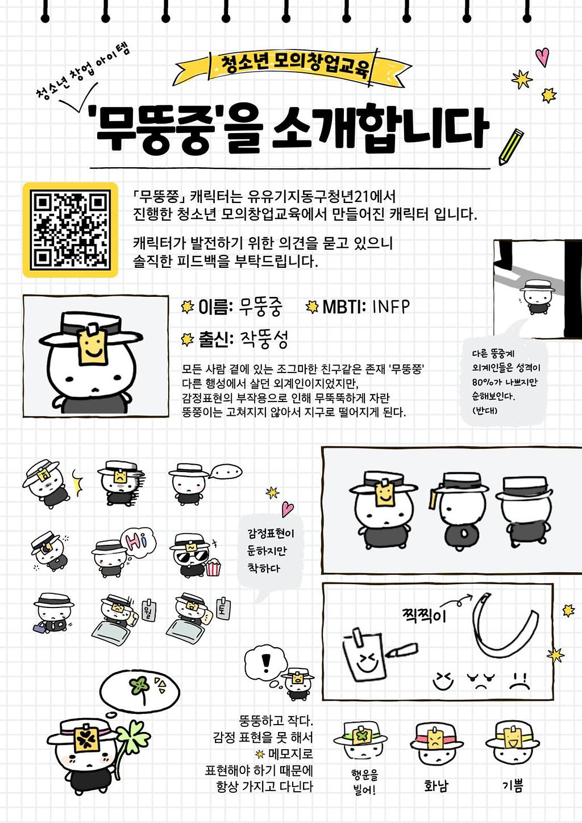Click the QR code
[x=70, y=230]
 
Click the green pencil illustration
[x=511, y=146]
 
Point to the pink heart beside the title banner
[x=542, y=56]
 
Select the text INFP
[x=390, y=307]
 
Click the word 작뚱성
[x=264, y=340]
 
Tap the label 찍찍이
[x=425, y=615]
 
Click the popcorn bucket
[x=213, y=567]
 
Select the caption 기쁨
[x=513, y=785]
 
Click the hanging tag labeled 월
[x=149, y=611]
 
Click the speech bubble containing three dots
[x=226, y=471]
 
